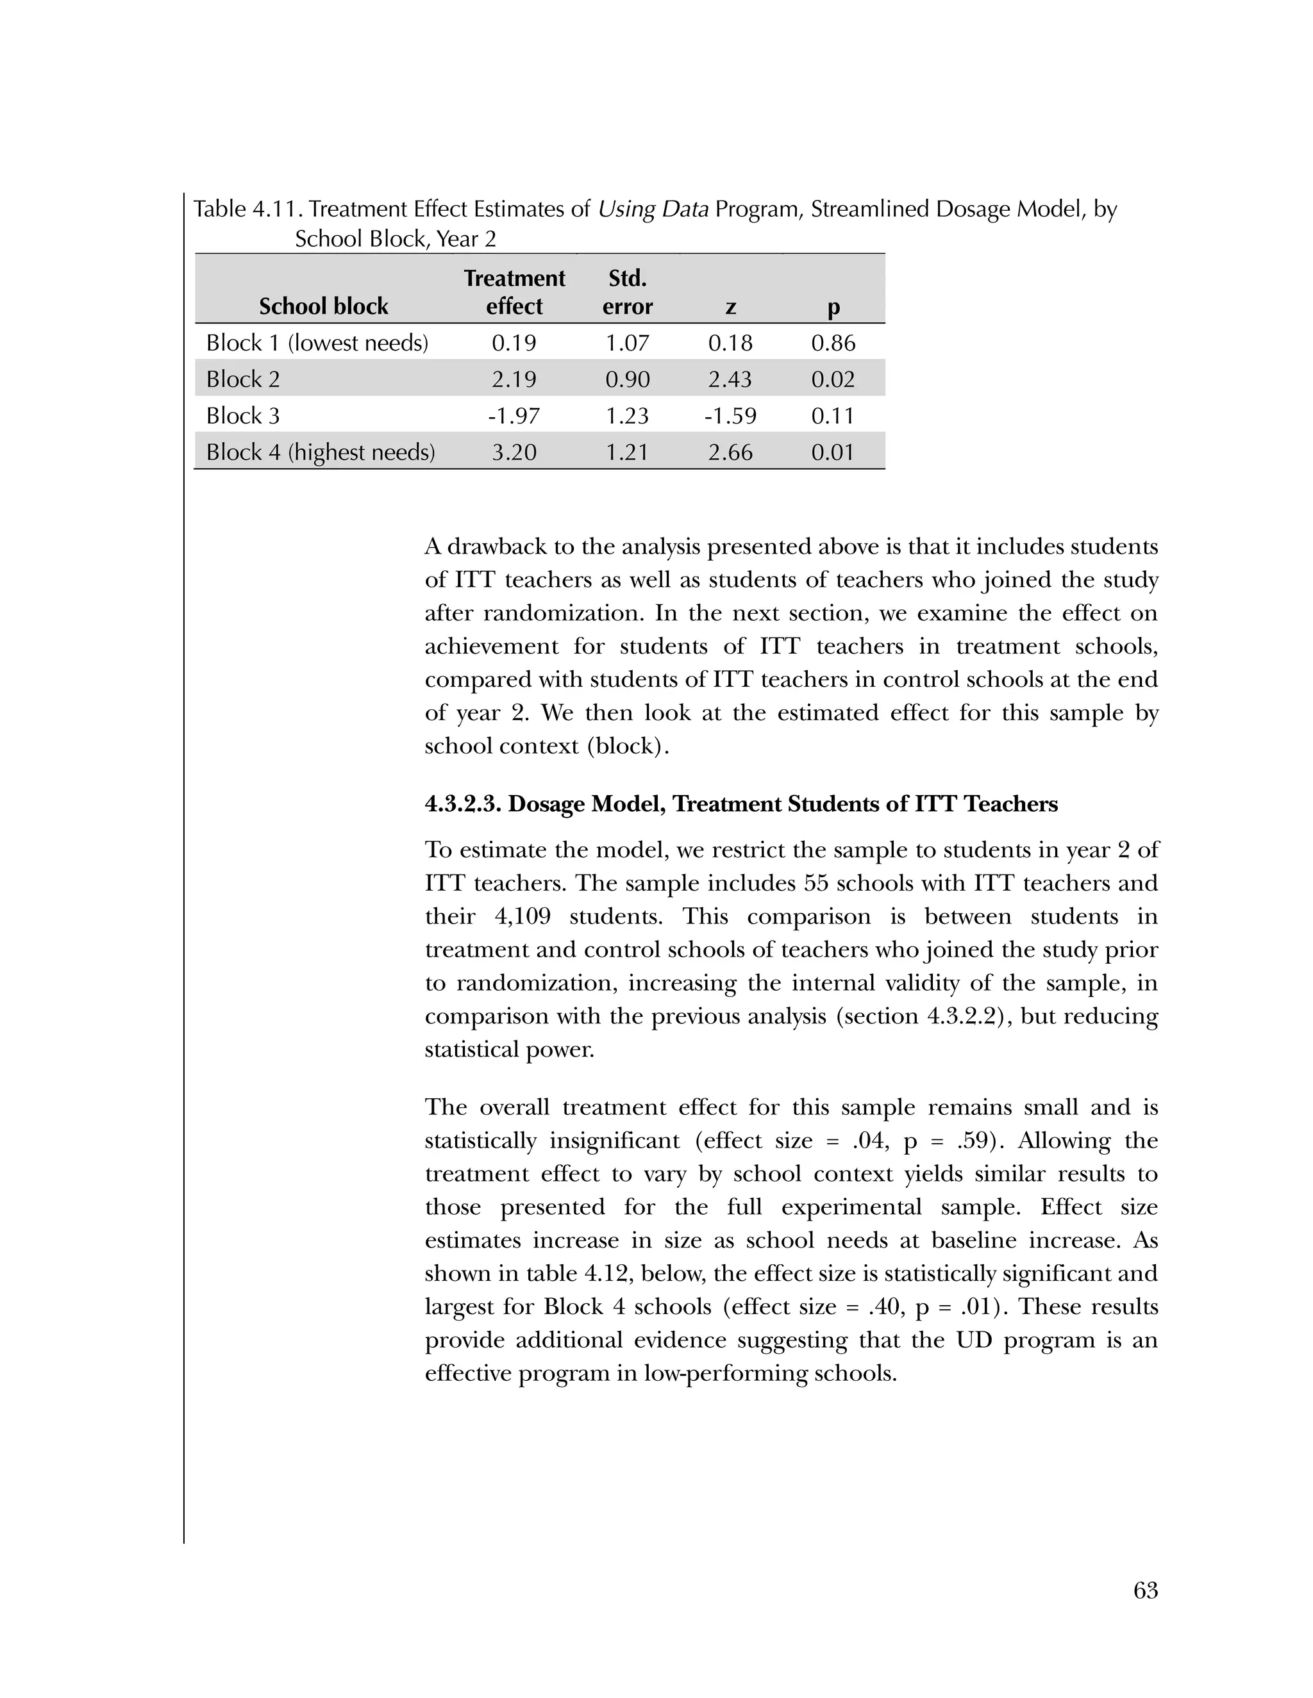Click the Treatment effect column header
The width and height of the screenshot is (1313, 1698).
click(x=514, y=292)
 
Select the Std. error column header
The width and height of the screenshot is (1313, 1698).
click(x=627, y=292)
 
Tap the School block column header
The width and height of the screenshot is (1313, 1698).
click(x=324, y=306)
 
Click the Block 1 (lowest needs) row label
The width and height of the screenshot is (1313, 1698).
click(x=317, y=343)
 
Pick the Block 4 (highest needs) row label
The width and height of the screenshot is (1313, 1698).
click(x=321, y=452)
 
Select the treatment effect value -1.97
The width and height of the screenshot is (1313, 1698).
click(x=514, y=416)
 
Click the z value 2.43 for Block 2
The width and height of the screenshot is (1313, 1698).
click(x=730, y=379)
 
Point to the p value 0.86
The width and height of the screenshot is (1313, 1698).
click(x=833, y=343)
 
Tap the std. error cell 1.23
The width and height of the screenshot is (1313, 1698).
click(x=627, y=416)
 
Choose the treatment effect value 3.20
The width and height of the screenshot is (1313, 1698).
click(x=514, y=452)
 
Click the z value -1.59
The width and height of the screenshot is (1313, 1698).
click(x=730, y=416)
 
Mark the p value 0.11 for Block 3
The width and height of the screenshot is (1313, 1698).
click(x=833, y=416)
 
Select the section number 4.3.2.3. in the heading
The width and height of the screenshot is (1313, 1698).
click(x=463, y=804)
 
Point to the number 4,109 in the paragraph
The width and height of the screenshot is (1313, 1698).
click(x=523, y=917)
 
